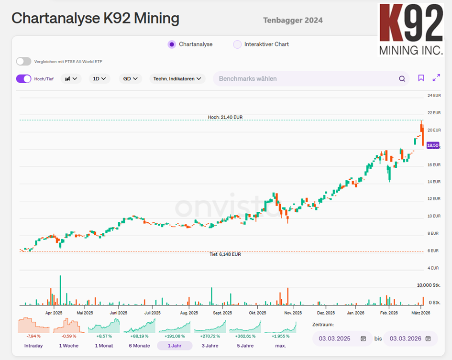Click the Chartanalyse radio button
(172, 44)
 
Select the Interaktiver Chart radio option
(237, 44)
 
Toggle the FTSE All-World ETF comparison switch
(23, 61)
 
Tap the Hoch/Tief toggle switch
(23, 79)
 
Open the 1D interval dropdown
(99, 79)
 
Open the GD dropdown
(130, 79)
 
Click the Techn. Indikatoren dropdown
(177, 79)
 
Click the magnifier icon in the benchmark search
(402, 79)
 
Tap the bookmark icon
(421, 78)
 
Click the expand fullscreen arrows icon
(436, 77)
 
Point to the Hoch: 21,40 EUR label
(225, 117)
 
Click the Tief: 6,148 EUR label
(225, 254)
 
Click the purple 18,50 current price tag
(433, 145)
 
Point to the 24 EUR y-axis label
(434, 96)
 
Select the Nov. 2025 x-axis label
(293, 313)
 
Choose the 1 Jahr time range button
(175, 346)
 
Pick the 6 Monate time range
(139, 346)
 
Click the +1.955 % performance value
(280, 336)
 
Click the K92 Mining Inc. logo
(411, 30)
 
